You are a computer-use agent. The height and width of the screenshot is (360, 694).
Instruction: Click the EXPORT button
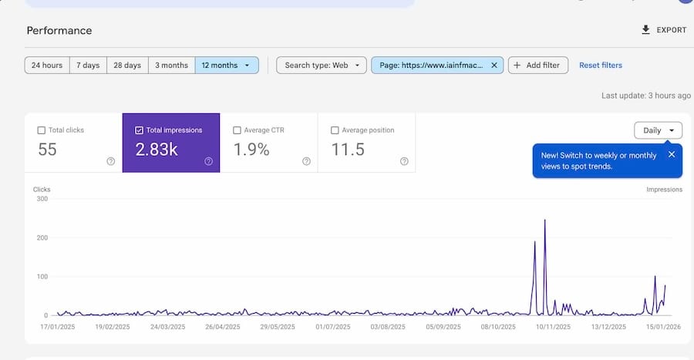[663, 30]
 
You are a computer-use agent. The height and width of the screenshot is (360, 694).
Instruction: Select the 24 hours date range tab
[47, 66]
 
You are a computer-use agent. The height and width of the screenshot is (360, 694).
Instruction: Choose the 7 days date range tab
[88, 66]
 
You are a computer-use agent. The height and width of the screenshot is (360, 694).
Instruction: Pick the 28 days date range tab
[127, 66]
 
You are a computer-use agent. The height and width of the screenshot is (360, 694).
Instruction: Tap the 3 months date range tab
[171, 66]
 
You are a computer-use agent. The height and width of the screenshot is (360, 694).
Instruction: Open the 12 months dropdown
[226, 66]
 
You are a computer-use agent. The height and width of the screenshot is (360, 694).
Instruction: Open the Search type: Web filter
[321, 66]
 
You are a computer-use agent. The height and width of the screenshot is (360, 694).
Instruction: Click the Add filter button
[537, 66]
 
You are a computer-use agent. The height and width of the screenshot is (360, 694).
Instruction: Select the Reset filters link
[601, 66]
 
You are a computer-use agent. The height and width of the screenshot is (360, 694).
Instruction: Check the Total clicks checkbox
[42, 130]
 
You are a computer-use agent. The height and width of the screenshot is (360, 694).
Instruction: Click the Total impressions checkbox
[139, 130]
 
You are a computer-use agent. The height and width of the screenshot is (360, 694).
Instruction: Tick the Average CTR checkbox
[237, 130]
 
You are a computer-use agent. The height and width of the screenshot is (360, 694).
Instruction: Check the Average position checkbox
[335, 130]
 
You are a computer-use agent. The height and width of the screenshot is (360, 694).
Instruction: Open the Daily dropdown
[658, 130]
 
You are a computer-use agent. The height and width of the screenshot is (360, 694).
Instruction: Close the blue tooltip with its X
[671, 154]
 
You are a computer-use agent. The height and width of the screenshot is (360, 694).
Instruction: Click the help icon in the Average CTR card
[306, 161]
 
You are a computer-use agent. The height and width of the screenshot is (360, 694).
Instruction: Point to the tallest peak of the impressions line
[544, 220]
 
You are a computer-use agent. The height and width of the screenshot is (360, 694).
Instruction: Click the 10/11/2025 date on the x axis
[552, 327]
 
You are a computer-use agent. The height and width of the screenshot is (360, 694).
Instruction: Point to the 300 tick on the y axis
[42, 199]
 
